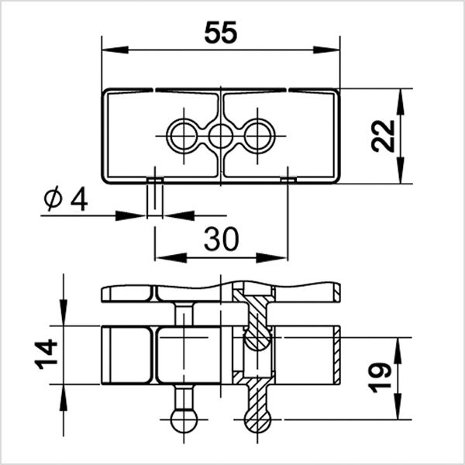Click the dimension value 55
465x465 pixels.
[221, 33]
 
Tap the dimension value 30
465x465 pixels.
[221, 240]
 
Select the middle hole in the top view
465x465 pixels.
[221, 136]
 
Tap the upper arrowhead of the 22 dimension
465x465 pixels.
[401, 99]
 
